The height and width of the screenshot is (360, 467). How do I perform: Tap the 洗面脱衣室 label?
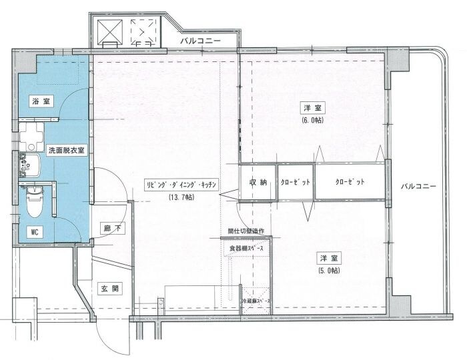pyautogui.click(x=65, y=151)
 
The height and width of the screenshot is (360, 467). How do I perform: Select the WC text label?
pyautogui.click(x=34, y=232)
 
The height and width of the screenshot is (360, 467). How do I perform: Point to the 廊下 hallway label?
pyautogui.click(x=111, y=228)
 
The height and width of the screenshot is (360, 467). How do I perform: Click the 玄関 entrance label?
pyautogui.click(x=109, y=289)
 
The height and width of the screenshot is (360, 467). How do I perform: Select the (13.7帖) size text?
pyautogui.click(x=181, y=197)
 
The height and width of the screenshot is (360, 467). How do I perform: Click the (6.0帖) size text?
pyautogui.click(x=312, y=120)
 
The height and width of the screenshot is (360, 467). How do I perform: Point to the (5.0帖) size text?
pyautogui.click(x=328, y=270)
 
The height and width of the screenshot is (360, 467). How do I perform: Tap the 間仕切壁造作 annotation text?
pyautogui.click(x=246, y=231)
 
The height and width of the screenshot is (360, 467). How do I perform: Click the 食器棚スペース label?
pyautogui.click(x=247, y=248)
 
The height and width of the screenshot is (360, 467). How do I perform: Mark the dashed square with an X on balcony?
pyautogui.click(x=141, y=31)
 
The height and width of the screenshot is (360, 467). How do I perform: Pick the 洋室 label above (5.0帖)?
pyautogui.click(x=328, y=258)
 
